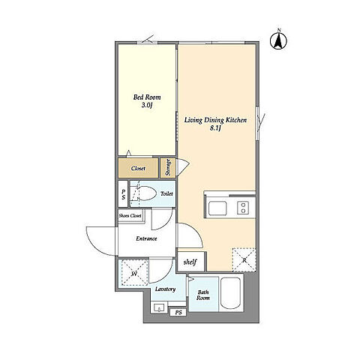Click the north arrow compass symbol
coord(278,40)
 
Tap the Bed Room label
coord(147,97)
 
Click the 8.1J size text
coord(215,129)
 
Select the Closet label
coord(138,169)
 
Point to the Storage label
coord(168,167)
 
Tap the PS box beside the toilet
coord(123,193)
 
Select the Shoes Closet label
coord(130,215)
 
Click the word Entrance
coord(146,238)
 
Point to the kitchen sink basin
coord(217,208)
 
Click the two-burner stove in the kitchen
coord(243,208)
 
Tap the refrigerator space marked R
coord(244,260)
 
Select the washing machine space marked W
coord(134,273)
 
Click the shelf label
coord(190,262)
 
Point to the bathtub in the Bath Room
coord(231,293)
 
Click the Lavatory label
coord(165,289)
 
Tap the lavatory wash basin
coord(159,307)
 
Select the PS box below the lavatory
coord(178,313)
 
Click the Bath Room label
coord(203,295)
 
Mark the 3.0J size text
coord(147,105)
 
